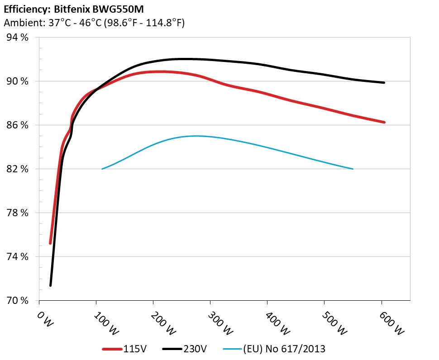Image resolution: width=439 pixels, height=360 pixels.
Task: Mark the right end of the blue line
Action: point(353,169)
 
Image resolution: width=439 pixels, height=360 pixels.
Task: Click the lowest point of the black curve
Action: point(50,285)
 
